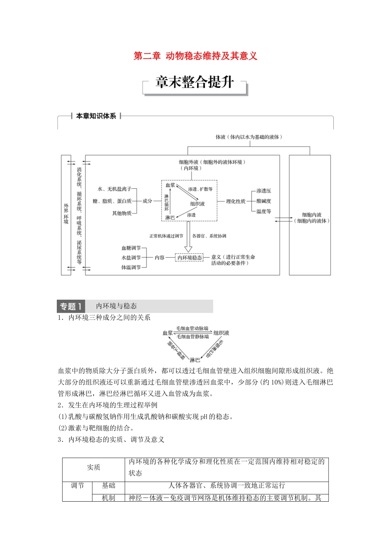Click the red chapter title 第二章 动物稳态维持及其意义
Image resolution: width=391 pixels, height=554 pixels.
click(x=195, y=56)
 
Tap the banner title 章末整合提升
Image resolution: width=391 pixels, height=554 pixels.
click(x=195, y=82)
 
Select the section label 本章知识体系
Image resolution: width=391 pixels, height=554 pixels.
click(x=96, y=116)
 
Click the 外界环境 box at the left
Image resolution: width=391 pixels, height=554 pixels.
click(x=66, y=214)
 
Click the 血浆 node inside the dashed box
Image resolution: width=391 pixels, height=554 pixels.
click(x=170, y=185)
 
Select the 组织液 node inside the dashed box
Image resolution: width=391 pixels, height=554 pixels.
click(x=197, y=204)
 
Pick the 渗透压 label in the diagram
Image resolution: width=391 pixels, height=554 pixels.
click(x=263, y=191)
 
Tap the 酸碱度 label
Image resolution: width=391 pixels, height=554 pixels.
click(x=263, y=201)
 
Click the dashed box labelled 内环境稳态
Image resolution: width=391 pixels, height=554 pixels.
click(x=189, y=258)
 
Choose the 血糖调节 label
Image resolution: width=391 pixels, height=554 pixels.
click(x=131, y=248)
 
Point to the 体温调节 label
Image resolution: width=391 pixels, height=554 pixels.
click(x=131, y=268)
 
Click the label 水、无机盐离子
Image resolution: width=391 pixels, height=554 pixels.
click(x=114, y=189)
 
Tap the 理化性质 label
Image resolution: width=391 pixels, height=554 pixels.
click(x=235, y=201)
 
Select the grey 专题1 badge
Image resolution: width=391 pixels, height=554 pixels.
click(x=71, y=306)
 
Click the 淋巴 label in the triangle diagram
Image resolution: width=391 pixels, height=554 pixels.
click(x=195, y=360)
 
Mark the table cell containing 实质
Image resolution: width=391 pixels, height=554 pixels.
click(x=93, y=467)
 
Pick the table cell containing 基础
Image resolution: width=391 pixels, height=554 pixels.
click(x=109, y=486)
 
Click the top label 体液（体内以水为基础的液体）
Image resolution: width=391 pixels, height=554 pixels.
click(x=249, y=137)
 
